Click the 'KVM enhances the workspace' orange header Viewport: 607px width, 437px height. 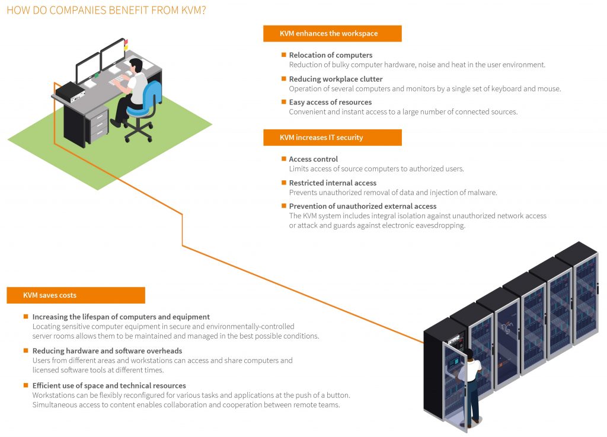332,34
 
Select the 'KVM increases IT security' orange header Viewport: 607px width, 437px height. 332,138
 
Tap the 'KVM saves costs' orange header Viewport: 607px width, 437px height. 75,295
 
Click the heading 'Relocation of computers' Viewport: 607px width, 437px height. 330,55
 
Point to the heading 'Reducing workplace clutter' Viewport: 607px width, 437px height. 336,79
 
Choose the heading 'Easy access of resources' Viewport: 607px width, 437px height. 330,103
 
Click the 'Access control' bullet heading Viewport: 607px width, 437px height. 313,159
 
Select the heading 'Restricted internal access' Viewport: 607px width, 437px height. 333,183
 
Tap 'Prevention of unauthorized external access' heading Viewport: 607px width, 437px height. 363,206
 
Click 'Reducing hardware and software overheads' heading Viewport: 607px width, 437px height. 107,351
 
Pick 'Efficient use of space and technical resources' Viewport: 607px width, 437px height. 109,385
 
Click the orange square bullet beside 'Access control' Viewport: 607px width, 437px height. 284,158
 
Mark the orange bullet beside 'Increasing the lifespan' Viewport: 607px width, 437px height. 26,317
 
